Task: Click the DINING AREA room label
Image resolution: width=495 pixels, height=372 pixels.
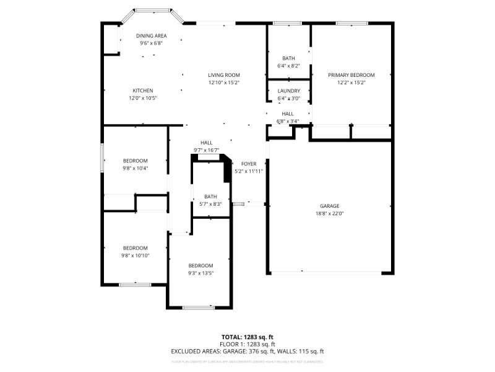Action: click(x=152, y=36)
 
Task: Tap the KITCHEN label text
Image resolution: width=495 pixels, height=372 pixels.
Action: click(x=143, y=91)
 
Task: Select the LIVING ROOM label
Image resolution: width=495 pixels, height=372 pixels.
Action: click(x=223, y=75)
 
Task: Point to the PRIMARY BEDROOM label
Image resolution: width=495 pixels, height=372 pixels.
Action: click(x=351, y=75)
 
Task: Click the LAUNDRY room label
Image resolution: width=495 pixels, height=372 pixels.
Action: click(x=289, y=91)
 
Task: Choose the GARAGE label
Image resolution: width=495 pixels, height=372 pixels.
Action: click(x=329, y=206)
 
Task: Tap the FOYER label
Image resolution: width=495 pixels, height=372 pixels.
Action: click(x=249, y=164)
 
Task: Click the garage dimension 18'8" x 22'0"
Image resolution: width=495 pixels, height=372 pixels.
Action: click(x=329, y=213)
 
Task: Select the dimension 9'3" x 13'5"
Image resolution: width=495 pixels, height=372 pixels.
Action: click(x=200, y=273)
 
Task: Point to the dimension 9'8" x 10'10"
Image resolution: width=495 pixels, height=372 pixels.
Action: click(x=135, y=255)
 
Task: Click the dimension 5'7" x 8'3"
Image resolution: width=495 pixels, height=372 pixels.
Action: click(x=210, y=204)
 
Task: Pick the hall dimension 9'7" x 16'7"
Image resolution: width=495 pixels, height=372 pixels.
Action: click(x=206, y=150)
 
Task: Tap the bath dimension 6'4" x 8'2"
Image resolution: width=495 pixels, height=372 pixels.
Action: click(x=289, y=66)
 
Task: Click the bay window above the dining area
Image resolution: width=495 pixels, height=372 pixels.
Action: click(x=153, y=11)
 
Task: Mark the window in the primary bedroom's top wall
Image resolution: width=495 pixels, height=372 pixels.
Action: click(x=352, y=24)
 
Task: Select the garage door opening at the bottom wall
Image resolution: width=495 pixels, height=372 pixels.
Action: click(x=329, y=272)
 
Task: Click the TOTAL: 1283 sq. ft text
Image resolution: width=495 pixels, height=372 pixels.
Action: click(x=247, y=337)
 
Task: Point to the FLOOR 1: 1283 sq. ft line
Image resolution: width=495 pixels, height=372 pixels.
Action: click(x=247, y=344)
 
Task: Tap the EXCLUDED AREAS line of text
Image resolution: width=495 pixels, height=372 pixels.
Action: click(x=247, y=352)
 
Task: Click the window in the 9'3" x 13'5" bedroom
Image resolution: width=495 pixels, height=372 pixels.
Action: click(x=199, y=307)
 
